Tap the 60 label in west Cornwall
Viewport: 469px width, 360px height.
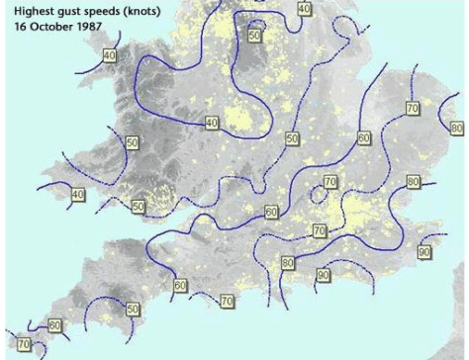(55, 324)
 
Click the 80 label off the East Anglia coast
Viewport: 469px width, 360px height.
(456, 129)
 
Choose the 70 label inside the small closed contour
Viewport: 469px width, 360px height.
(330, 183)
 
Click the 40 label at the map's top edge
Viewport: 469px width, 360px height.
(303, 8)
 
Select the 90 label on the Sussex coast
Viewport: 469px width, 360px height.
(323, 274)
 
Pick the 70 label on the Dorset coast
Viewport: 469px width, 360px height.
(227, 300)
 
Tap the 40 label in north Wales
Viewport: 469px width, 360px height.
(109, 55)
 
